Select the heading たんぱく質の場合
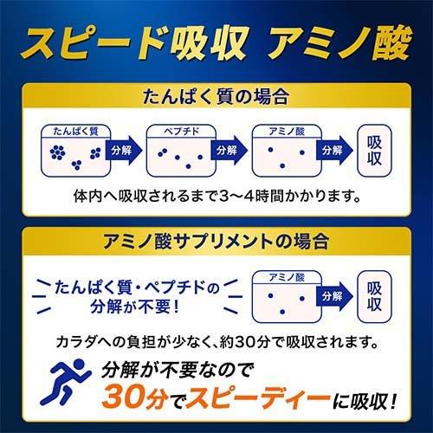coord(216,97)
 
